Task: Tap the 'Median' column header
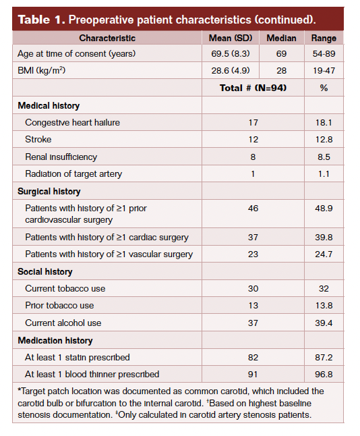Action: click(x=281, y=38)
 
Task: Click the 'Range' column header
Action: click(x=324, y=38)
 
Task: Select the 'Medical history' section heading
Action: click(x=49, y=106)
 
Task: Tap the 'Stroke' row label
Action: click(x=38, y=140)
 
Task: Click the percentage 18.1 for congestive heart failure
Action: click(x=324, y=123)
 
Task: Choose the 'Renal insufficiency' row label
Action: click(x=61, y=157)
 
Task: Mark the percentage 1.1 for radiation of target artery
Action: click(x=324, y=174)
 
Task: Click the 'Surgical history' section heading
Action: click(x=50, y=192)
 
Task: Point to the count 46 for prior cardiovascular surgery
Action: click(x=253, y=209)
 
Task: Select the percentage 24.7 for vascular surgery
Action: click(x=324, y=254)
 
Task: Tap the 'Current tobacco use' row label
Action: click(x=65, y=289)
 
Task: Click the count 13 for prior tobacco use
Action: click(x=253, y=306)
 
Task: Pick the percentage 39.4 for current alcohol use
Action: click(x=324, y=323)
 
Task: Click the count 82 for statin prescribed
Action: click(x=253, y=357)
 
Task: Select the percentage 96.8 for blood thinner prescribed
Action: click(x=324, y=374)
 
